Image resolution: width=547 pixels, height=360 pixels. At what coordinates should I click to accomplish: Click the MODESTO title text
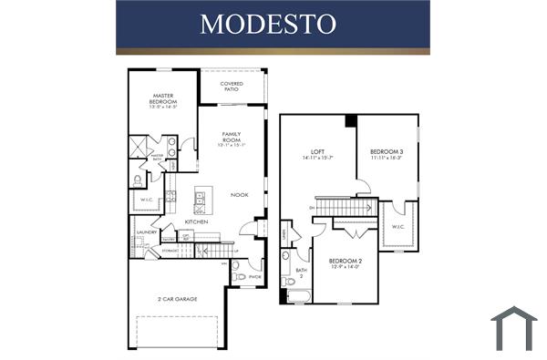pos(273,24)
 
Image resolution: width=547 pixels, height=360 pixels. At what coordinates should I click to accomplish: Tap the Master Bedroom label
pos(163,98)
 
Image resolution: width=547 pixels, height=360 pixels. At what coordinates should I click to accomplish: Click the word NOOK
pos(240,194)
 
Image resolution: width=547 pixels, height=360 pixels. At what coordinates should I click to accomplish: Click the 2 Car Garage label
pos(179,298)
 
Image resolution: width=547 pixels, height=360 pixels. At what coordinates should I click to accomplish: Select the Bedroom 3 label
pos(387,153)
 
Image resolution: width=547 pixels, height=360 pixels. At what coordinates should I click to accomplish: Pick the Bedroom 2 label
pos(346,262)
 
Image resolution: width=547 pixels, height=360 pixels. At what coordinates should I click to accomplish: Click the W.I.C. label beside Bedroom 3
pos(397,227)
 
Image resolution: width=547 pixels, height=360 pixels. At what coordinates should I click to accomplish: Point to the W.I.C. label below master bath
pos(146,200)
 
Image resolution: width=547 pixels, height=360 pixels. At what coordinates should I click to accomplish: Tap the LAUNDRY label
pos(147,231)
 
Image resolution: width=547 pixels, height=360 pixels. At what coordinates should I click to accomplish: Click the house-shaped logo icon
pos(513,329)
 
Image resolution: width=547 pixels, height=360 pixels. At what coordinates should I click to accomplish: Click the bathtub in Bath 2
pos(297,295)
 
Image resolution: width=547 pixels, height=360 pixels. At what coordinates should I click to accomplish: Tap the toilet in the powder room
pos(239,276)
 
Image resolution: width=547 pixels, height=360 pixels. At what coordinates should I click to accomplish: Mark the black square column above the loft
pos(351,121)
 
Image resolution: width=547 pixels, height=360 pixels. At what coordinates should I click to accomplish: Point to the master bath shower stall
pos(139,146)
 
